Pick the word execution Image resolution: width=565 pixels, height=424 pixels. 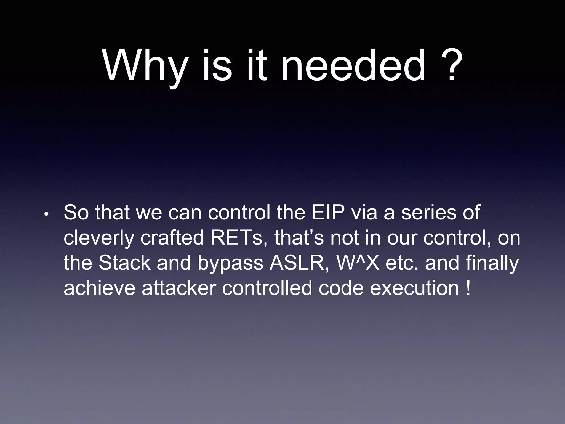pos(414,288)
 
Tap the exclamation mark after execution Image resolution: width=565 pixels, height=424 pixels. pos(468,288)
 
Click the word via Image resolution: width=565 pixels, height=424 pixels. pos(364,213)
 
